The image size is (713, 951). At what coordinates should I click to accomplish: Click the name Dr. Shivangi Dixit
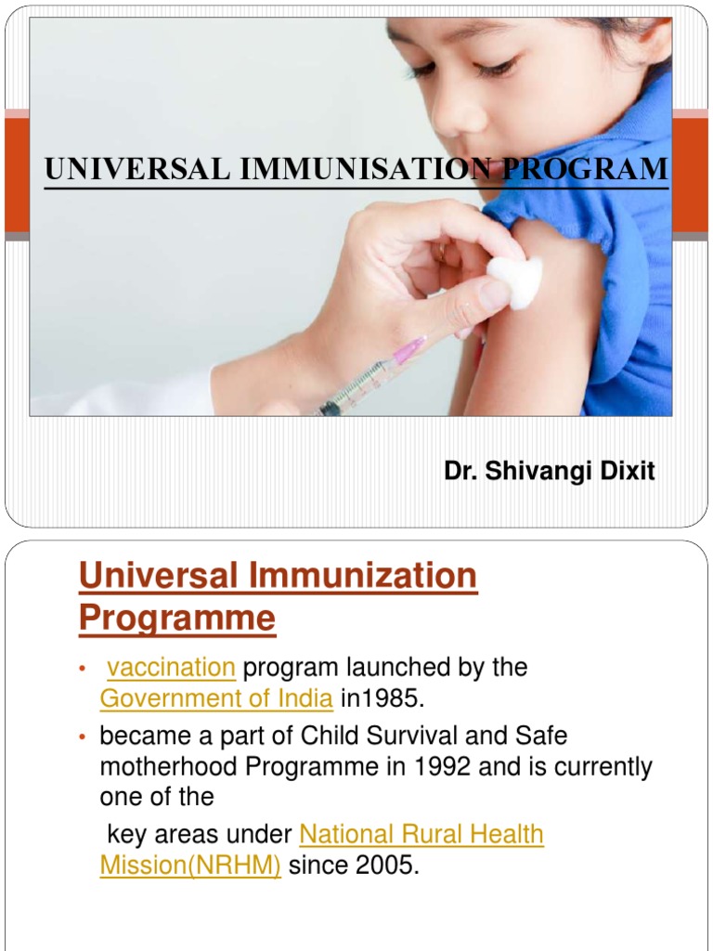pyautogui.click(x=550, y=472)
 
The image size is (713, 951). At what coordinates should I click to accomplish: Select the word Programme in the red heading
pyautogui.click(x=177, y=619)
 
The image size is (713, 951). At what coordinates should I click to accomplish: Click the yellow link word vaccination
pyautogui.click(x=171, y=668)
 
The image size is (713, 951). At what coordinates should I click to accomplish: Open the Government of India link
pyautogui.click(x=215, y=698)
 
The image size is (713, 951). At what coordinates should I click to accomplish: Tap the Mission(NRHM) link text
pyautogui.click(x=190, y=866)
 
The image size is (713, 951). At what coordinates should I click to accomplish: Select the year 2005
pyautogui.click(x=383, y=866)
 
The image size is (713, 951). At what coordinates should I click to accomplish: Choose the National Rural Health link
pyautogui.click(x=421, y=835)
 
